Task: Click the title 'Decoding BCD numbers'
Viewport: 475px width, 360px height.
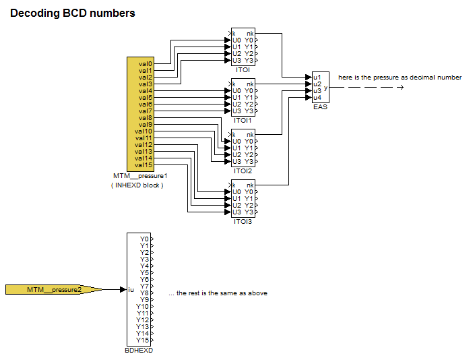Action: pyautogui.click(x=72, y=13)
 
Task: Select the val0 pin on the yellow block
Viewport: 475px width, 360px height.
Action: pyautogui.click(x=146, y=64)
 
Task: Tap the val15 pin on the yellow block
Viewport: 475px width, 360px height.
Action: pyautogui.click(x=144, y=165)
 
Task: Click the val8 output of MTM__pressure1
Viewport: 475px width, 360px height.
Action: pyautogui.click(x=146, y=118)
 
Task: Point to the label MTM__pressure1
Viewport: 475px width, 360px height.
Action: pyautogui.click(x=139, y=176)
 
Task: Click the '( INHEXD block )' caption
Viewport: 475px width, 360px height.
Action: pyautogui.click(x=137, y=185)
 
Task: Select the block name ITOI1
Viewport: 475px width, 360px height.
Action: pyautogui.click(x=243, y=121)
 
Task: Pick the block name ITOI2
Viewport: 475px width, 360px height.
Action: pyautogui.click(x=243, y=171)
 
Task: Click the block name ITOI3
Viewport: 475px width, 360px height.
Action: pyautogui.click(x=243, y=222)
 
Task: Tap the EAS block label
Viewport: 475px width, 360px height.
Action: pyautogui.click(x=320, y=107)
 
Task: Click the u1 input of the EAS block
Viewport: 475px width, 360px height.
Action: pyautogui.click(x=317, y=78)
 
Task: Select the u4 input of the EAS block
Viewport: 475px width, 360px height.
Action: pyautogui.click(x=317, y=98)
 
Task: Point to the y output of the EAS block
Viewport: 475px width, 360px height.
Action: pyautogui.click(x=326, y=88)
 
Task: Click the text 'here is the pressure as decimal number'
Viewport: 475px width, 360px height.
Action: pyautogui.click(x=400, y=78)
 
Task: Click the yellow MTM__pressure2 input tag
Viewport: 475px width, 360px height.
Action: pyautogui.click(x=54, y=290)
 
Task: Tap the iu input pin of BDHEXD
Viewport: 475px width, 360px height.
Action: pyautogui.click(x=131, y=290)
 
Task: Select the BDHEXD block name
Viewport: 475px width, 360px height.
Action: pyautogui.click(x=139, y=351)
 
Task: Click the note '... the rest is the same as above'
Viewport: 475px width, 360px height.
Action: pyautogui.click(x=218, y=293)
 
